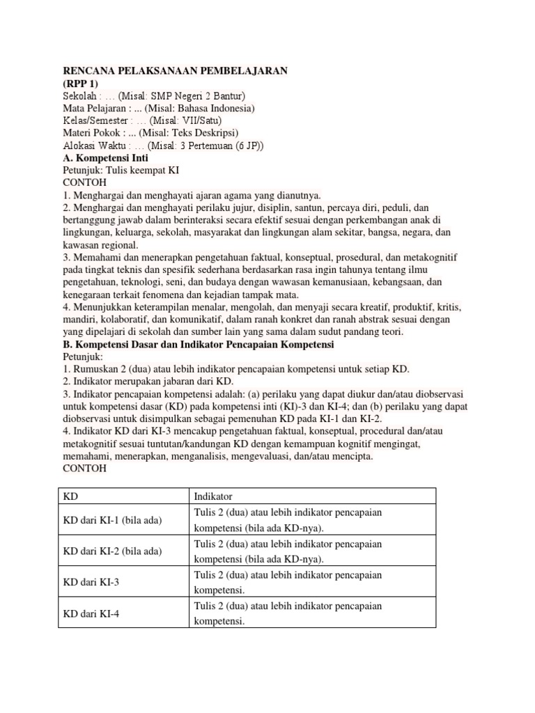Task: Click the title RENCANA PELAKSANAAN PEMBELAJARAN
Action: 175,71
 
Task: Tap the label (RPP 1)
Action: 81,84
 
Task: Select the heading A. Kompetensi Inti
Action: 105,158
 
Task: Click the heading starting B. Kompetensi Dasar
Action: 199,345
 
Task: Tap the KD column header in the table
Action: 70,496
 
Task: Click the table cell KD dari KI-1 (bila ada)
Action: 112,520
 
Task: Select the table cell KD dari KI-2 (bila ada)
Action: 112,551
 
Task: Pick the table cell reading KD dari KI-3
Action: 91,582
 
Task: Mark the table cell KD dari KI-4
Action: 91,613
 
